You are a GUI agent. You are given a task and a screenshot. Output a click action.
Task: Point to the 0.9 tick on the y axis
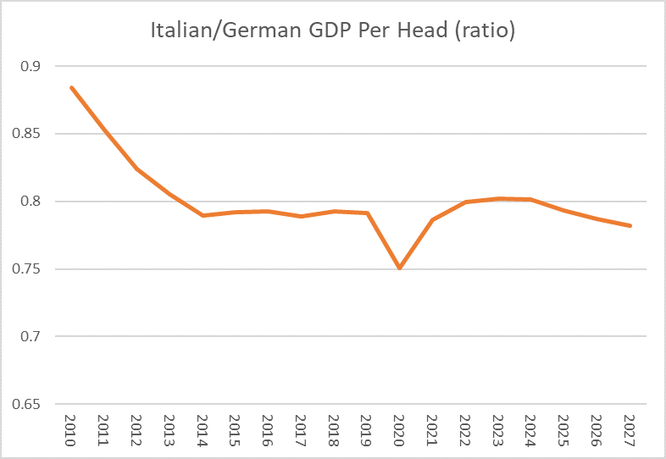(x=31, y=66)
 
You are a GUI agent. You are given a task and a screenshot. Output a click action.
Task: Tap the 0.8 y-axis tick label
(x=31, y=202)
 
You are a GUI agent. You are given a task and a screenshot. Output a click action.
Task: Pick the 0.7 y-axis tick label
(x=31, y=337)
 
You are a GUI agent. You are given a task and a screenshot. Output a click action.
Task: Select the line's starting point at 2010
(x=71, y=87)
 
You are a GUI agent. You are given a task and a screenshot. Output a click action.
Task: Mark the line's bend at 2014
(x=203, y=216)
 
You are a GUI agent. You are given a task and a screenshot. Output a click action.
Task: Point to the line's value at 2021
(x=432, y=220)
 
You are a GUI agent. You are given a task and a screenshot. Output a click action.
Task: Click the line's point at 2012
(x=137, y=169)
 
